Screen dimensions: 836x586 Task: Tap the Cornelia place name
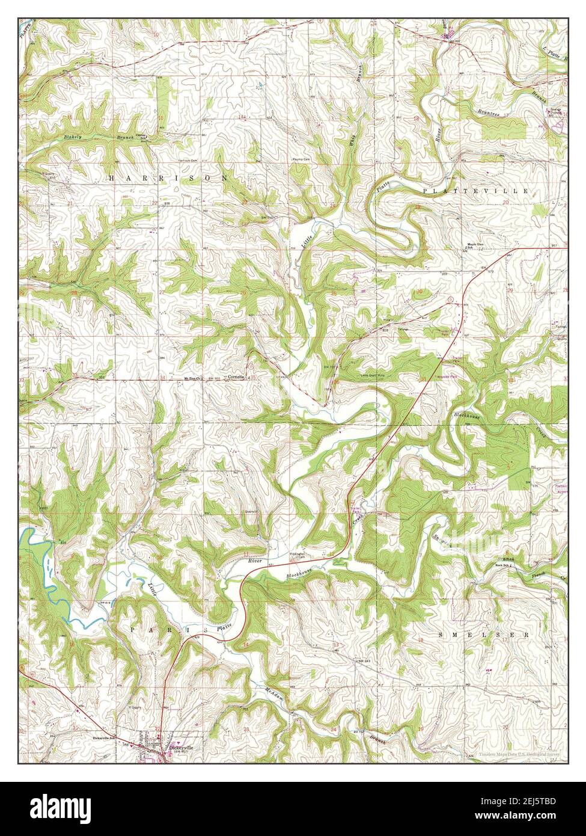tap(235, 377)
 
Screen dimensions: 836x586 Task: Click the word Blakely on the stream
tap(73, 138)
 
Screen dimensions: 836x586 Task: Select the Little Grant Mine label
tap(373, 375)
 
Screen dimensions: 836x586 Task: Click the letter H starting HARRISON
tap(112, 179)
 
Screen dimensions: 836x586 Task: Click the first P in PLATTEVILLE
tap(426, 190)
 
